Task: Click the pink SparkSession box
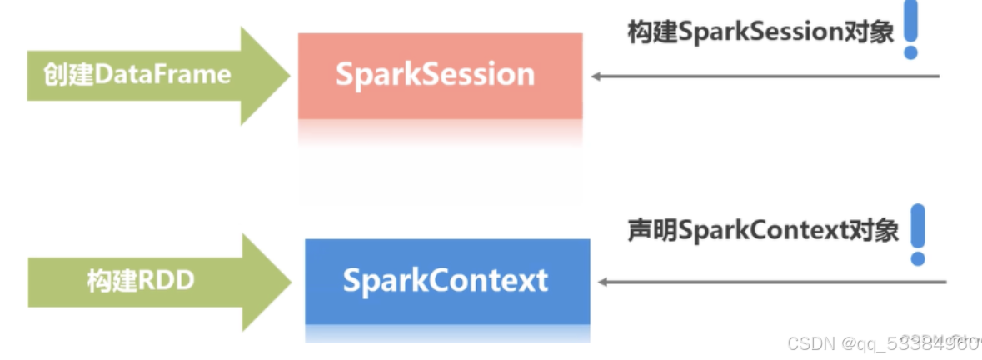[x=440, y=75]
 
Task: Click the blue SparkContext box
[x=447, y=281]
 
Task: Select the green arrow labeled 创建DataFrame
[x=150, y=75]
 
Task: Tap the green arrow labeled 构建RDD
[x=150, y=281]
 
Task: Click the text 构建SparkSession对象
[x=760, y=32]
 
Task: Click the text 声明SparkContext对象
[x=763, y=231]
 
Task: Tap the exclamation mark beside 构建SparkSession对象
[x=910, y=29]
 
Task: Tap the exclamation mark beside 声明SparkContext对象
[x=917, y=233]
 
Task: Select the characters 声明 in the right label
[x=652, y=231]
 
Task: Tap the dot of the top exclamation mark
[x=910, y=52]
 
